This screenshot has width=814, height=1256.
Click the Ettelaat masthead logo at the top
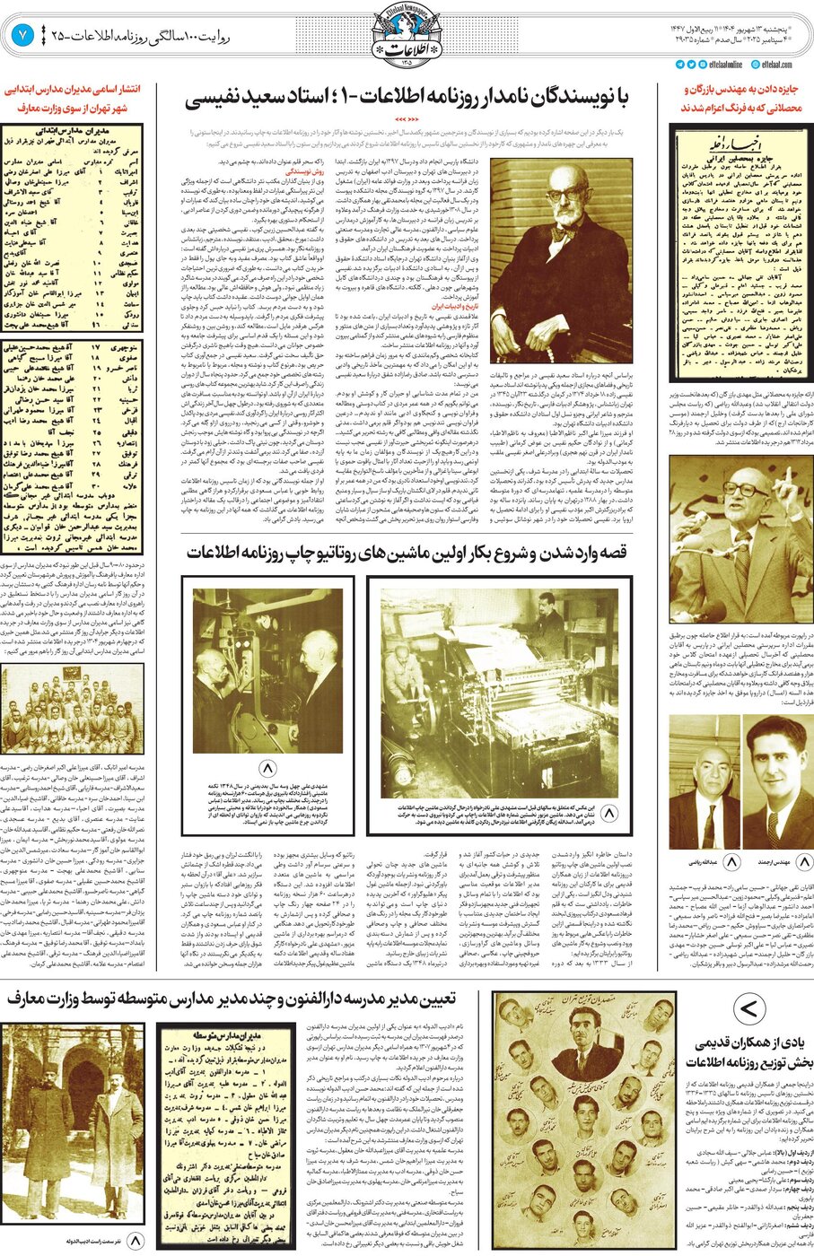coord(407,34)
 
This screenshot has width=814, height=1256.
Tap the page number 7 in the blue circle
coord(22,36)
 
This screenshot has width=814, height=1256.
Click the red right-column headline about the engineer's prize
coord(741,99)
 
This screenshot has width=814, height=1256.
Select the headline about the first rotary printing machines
coord(406,551)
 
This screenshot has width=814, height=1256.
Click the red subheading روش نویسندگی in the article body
coord(303,169)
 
